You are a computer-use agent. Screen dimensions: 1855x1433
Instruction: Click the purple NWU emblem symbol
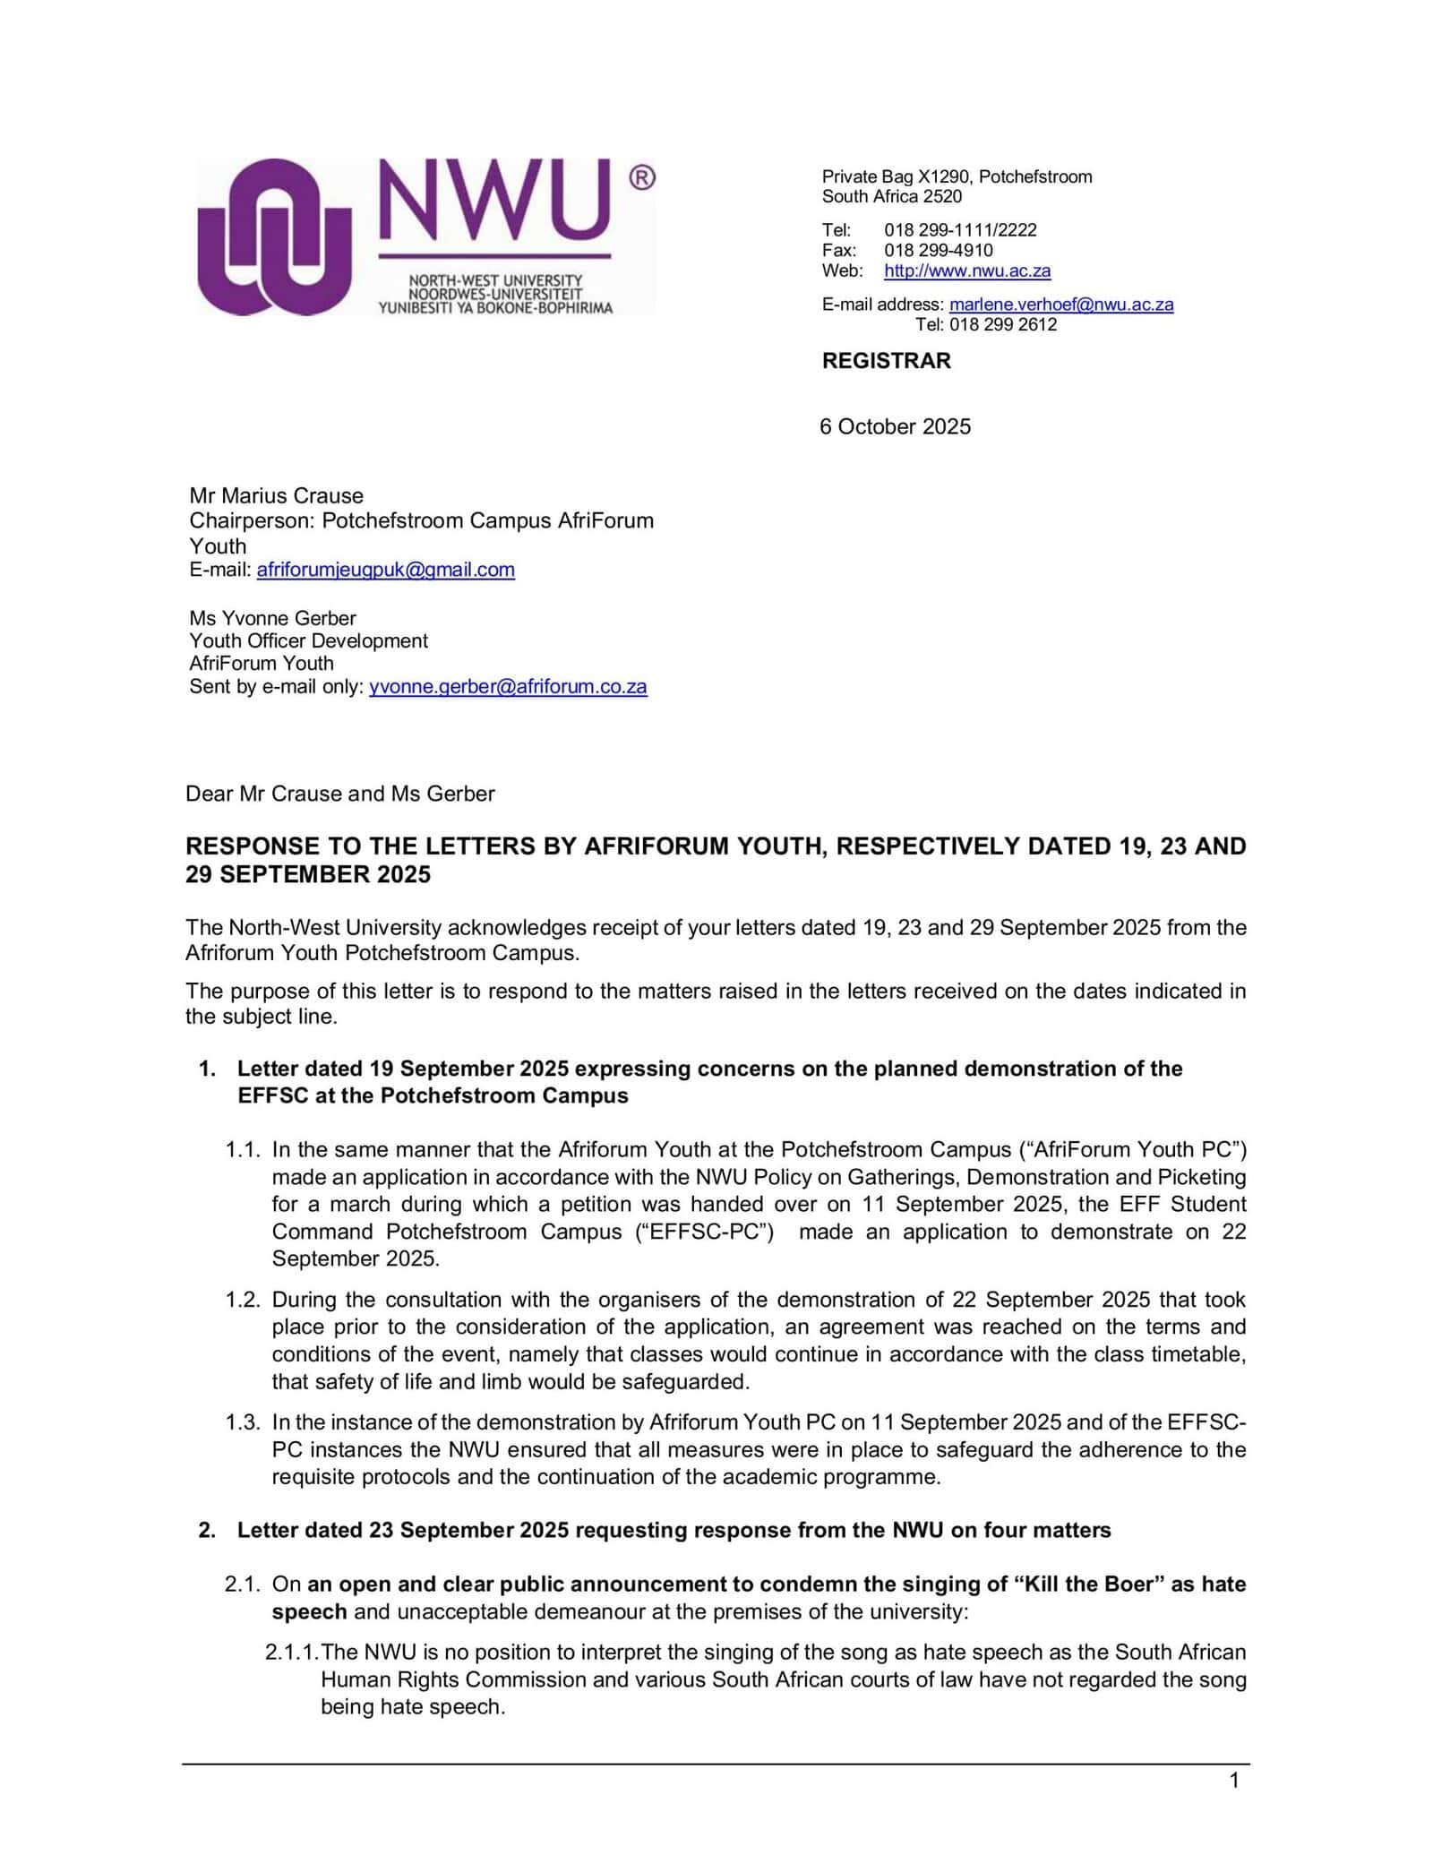(x=274, y=236)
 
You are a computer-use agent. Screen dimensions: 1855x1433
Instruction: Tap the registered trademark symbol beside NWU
(x=642, y=177)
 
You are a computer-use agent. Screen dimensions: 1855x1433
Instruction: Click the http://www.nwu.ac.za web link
(x=967, y=271)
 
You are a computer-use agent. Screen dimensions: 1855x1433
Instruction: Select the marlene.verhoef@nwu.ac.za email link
(x=1061, y=305)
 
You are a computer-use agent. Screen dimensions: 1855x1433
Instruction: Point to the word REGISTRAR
(x=886, y=361)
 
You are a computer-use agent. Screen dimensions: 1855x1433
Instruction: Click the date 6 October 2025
(x=895, y=426)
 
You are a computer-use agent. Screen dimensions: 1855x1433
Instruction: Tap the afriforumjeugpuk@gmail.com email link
(x=385, y=570)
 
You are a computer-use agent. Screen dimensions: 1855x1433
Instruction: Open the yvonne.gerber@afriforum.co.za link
(x=508, y=687)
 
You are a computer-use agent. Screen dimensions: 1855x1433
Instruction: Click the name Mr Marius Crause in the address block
(x=276, y=495)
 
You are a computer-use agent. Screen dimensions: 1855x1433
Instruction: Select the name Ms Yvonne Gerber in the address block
(x=272, y=618)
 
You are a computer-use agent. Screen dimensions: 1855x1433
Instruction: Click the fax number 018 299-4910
(x=939, y=250)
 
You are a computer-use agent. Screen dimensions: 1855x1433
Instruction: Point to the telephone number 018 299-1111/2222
(x=960, y=229)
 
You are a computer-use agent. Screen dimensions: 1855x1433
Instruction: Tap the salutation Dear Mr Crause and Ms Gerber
(x=339, y=794)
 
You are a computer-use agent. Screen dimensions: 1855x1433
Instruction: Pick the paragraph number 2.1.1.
(x=292, y=1652)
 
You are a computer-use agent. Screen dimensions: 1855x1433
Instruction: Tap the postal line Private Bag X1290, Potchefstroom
(x=957, y=176)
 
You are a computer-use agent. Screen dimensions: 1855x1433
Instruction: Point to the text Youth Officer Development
(x=308, y=640)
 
